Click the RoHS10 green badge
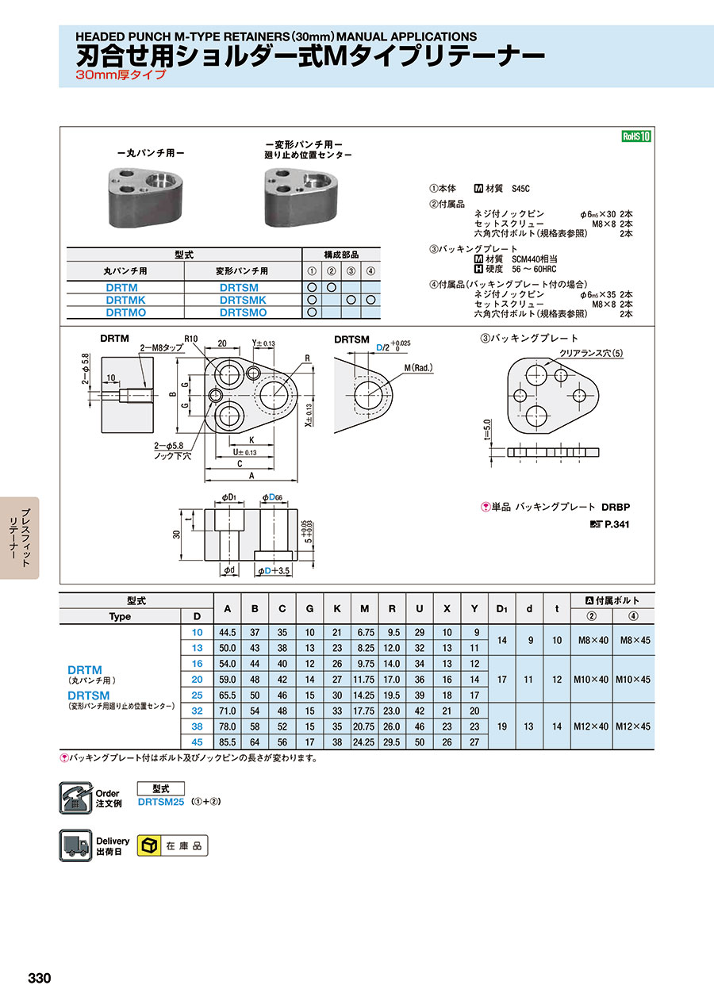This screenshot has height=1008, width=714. tap(636, 136)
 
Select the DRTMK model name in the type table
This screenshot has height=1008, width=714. tap(125, 300)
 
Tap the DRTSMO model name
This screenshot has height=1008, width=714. tap(243, 312)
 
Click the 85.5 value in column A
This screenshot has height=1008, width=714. tap(228, 742)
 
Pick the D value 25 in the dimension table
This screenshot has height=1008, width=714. tap(198, 696)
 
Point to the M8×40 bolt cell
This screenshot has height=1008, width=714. tap(593, 640)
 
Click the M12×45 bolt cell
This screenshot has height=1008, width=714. tap(633, 726)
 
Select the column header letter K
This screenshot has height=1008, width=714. tap(337, 609)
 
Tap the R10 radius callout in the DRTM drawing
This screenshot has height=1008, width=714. tap(191, 339)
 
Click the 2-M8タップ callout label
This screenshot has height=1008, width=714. tap(162, 348)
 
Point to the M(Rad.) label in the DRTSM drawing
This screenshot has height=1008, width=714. tap(418, 368)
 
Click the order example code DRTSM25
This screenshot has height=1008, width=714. tap(161, 802)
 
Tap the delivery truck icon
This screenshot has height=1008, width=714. tap(75, 845)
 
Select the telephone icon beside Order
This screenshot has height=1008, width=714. tap(75, 798)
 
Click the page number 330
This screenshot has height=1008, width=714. tap(40, 979)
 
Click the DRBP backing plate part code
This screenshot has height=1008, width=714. tap(616, 507)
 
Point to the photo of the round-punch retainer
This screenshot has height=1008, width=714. tap(145, 197)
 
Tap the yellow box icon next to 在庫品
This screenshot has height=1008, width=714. tap(149, 846)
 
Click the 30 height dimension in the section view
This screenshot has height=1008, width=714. tap(176, 535)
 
